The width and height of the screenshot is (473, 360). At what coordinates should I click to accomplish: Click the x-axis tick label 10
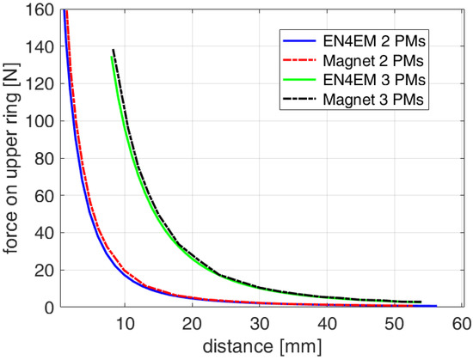pos(126,323)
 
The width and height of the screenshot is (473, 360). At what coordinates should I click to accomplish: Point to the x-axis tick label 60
pos(460,323)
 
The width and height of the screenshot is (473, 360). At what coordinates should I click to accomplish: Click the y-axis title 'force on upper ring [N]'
pos(12,159)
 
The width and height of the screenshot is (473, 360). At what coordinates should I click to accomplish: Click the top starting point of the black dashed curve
pos(114,51)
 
